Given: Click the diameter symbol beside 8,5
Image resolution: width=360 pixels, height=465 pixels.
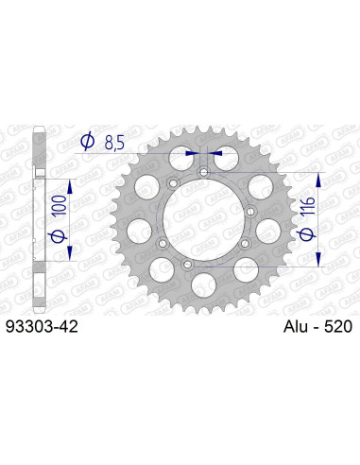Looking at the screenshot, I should pyautogui.click(x=88, y=142).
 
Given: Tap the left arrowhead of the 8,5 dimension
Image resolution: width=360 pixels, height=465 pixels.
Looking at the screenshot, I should pyautogui.click(x=193, y=152).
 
